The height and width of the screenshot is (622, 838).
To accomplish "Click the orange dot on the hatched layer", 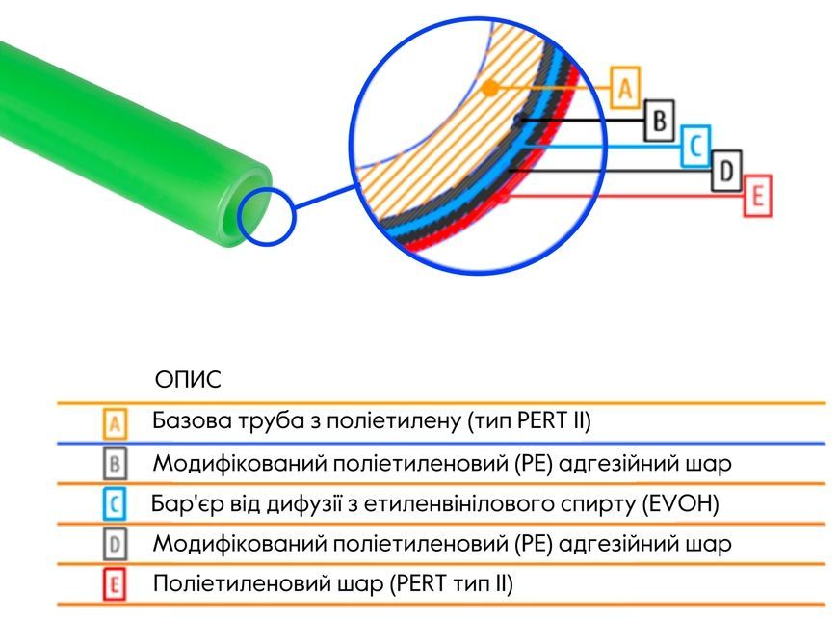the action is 490,89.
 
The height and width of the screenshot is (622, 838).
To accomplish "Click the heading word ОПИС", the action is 188,380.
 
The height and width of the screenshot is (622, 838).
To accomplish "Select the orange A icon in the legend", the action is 115,424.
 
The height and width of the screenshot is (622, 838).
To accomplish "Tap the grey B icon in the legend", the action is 115,464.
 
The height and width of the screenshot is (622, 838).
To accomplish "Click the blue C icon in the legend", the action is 115,503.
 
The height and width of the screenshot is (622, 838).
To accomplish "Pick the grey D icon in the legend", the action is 115,544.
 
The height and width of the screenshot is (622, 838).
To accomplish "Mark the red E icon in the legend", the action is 115,584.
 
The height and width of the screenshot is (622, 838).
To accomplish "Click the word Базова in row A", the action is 192,420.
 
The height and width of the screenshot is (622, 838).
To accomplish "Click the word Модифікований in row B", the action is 240,464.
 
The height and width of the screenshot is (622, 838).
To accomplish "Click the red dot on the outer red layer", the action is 503,198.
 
